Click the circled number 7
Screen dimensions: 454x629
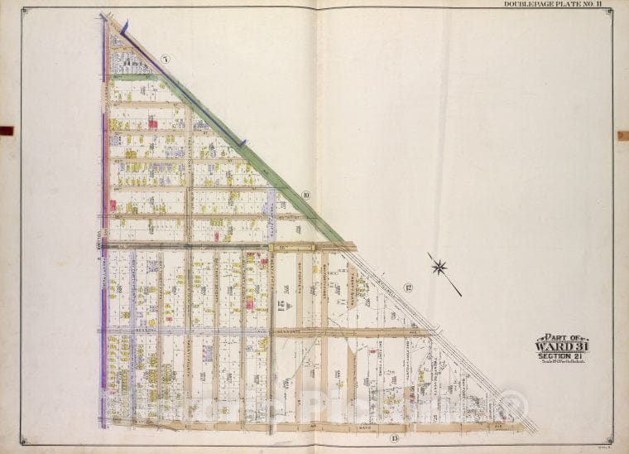166,59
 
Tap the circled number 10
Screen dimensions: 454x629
305,196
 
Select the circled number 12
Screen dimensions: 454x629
407,287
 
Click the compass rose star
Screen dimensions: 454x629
439,267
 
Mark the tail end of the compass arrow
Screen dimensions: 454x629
460,295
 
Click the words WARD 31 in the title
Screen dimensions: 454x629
561,346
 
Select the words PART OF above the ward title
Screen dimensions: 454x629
560,337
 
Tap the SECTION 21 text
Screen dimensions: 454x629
561,356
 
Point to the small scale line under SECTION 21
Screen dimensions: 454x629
561,363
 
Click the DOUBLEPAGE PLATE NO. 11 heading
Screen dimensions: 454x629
558,5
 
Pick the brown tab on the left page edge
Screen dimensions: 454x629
7,130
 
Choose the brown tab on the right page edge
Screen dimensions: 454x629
622,135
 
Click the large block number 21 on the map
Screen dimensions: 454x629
281,307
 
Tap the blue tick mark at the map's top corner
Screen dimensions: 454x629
124,27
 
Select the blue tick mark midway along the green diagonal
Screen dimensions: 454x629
243,143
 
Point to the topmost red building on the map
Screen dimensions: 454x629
152,123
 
